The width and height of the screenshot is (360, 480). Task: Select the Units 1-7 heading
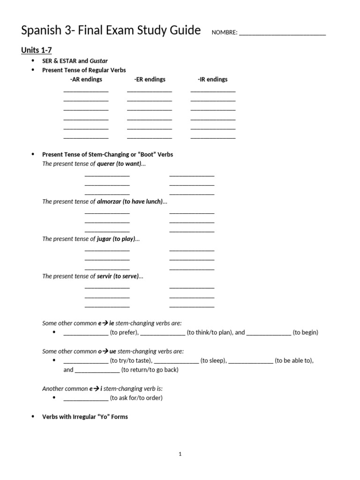point(36,50)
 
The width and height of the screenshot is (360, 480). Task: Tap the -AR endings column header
point(86,79)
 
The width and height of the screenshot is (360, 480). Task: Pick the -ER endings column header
point(150,79)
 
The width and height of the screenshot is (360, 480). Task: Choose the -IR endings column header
point(213,79)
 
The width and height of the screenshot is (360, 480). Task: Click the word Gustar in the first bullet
point(99,61)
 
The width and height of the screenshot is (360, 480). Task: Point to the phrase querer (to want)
point(119,164)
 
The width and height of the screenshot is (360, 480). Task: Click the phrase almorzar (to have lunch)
point(129,202)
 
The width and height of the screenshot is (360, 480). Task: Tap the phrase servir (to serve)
point(117,277)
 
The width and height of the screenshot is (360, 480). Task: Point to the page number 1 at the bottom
point(180,454)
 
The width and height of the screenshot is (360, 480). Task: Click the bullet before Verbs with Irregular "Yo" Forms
point(33,417)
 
